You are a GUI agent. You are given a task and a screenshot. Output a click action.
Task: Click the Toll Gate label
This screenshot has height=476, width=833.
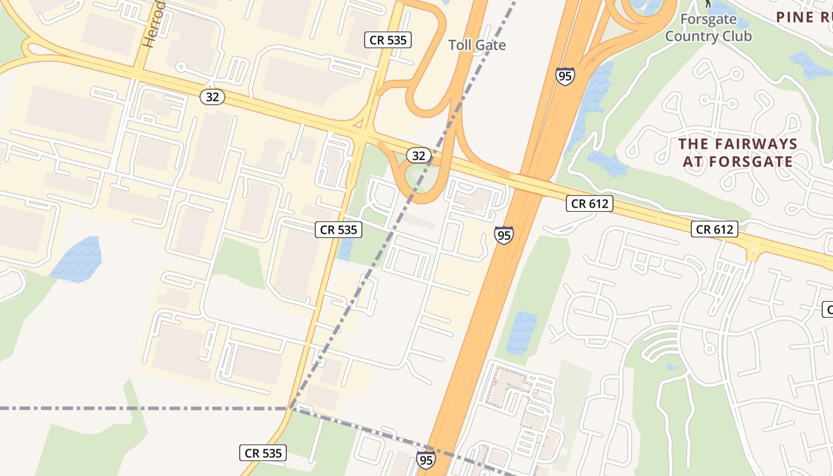point(477,45)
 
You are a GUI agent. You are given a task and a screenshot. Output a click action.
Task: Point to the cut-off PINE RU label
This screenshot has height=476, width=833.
point(804,17)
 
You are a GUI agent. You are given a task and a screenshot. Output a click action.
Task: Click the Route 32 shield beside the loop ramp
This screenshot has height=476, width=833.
point(419,155)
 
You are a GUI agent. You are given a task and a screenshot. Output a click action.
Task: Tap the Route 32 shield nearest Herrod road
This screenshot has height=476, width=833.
point(212,96)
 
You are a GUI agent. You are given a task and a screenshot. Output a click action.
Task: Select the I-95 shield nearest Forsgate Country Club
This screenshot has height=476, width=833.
point(565,76)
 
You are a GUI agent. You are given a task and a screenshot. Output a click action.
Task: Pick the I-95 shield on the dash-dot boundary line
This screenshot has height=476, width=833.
point(425,460)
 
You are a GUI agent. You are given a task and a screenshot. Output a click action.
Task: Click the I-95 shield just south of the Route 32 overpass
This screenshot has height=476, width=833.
point(503,235)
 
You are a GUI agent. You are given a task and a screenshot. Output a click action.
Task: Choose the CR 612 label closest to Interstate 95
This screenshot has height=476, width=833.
point(589,203)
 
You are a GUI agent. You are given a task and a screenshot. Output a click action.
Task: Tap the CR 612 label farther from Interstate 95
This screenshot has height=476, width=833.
point(714,229)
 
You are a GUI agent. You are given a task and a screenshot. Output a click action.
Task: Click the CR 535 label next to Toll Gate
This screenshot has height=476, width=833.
point(388,40)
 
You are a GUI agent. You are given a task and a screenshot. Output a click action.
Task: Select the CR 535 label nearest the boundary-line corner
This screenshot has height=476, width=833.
point(263,453)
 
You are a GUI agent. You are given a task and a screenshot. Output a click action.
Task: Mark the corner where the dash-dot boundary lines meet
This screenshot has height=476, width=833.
point(291,408)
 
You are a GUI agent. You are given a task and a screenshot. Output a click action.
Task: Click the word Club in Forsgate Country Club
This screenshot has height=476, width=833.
point(737,36)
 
